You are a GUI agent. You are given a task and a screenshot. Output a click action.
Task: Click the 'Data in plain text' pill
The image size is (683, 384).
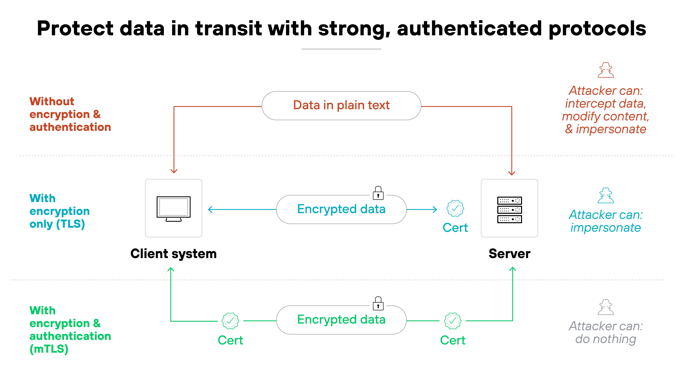coord(341,106)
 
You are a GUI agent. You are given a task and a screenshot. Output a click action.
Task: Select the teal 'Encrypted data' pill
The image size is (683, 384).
coord(341,209)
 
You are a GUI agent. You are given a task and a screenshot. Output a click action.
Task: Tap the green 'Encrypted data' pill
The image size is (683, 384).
coord(341,320)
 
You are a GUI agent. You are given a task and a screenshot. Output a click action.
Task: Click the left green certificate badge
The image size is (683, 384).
coord(230,321)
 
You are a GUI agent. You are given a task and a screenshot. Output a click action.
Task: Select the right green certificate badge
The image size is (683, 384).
coord(453,321)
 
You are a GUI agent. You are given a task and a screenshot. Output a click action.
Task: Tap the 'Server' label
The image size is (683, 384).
coord(509,254)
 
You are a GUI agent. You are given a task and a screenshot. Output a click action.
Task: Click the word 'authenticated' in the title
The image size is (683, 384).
coord(469,29)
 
